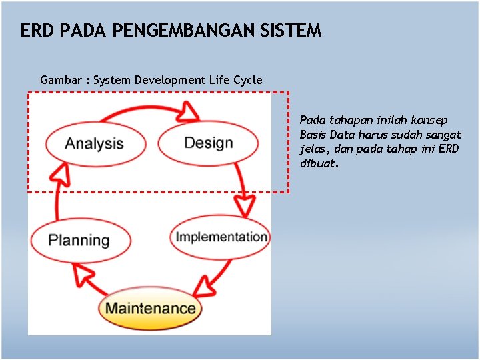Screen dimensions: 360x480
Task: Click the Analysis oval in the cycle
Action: pos(94,143)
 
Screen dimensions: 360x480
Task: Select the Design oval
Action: pos(208,143)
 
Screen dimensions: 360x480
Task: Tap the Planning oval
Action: pos(79,240)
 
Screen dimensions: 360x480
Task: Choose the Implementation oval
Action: pos(221,237)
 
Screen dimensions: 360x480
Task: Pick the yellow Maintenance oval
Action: pos(150,308)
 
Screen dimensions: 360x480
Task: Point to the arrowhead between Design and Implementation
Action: pos(246,205)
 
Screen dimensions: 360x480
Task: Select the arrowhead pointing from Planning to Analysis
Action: pos(60,175)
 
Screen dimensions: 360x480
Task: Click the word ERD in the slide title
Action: pos(34,31)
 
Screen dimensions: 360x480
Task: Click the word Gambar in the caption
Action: pos(61,80)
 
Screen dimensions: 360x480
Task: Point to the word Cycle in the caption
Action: pos(247,80)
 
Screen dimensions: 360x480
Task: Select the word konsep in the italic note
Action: pos(431,120)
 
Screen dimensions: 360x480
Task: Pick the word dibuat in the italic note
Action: pos(318,163)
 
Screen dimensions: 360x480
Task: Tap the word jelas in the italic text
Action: pos(313,149)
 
